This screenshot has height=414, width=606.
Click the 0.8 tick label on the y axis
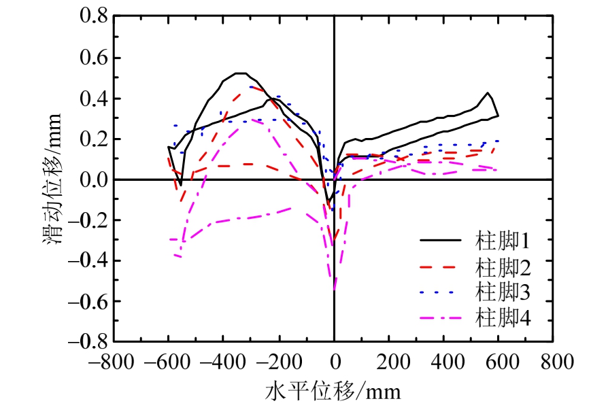(x=94, y=18)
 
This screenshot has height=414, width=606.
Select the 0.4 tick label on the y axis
(x=94, y=99)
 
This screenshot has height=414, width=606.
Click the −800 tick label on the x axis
(x=114, y=360)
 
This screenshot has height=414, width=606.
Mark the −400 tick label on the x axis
(x=224, y=360)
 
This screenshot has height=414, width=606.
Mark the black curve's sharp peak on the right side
(x=488, y=92)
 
